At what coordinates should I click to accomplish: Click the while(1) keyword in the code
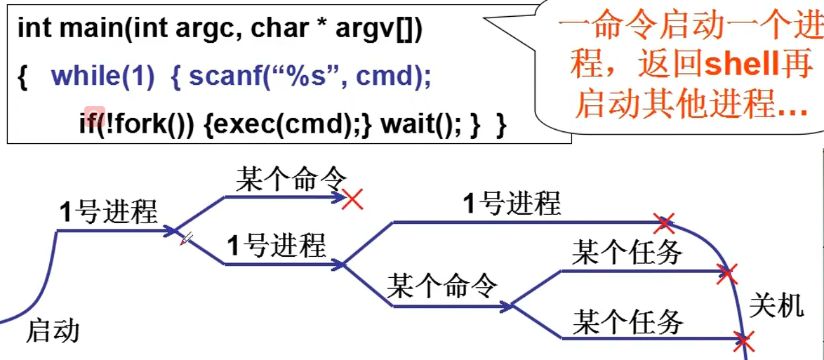[x=102, y=76]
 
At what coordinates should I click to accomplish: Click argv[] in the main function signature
[x=378, y=29]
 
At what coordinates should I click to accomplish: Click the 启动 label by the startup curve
[x=53, y=331]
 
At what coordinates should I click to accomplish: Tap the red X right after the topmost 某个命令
[x=352, y=199]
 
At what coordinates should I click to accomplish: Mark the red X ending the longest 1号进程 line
[x=663, y=223]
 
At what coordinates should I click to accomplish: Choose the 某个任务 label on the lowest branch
[x=627, y=322]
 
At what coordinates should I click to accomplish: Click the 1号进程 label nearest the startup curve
[x=108, y=211]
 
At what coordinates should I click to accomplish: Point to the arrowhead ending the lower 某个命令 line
[x=507, y=306]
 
